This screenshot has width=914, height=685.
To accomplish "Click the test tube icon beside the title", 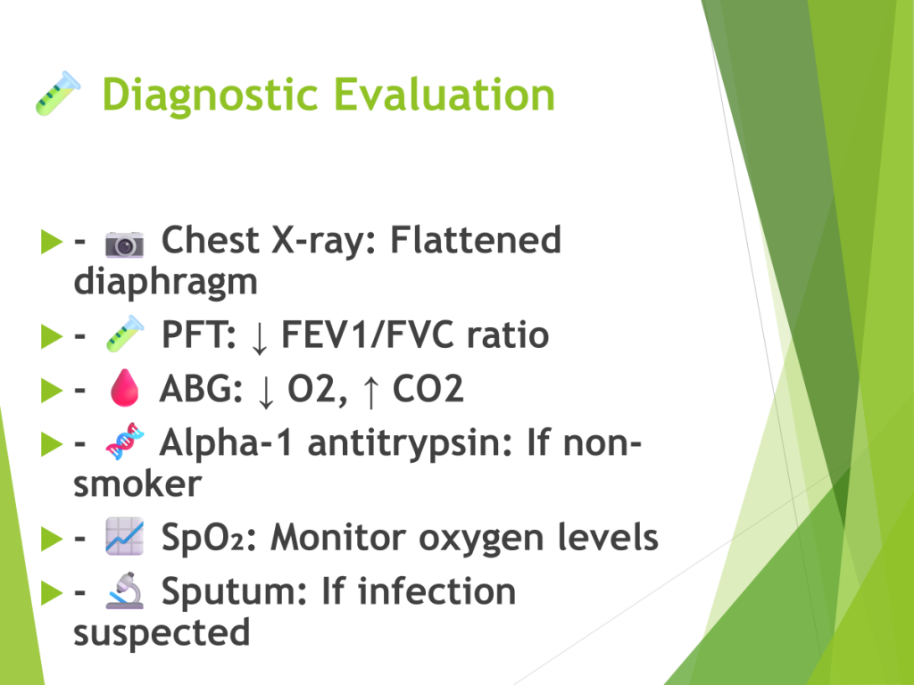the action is coord(58,93).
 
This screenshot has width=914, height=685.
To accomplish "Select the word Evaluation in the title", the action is coord(445,94).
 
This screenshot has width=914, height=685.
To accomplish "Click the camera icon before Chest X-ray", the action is coord(124,243).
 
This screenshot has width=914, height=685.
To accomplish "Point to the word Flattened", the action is coord(475,239).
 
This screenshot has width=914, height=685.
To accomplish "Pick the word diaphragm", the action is coord(165,283).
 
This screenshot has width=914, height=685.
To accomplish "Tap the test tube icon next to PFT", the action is coord(125,334).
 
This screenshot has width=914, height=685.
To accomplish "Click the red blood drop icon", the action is coord(124,387).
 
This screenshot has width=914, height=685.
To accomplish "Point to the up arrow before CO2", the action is coord(370,391).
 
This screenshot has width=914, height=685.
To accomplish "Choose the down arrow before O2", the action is coord(265,391).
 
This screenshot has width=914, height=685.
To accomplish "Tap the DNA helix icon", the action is coord(125,441).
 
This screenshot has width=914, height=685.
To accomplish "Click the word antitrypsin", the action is coord(409,443).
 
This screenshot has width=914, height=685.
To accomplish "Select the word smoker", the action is coord(137,484).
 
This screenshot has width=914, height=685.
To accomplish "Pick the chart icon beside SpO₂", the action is coord(125,536).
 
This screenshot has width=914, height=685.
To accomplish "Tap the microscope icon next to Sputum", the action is coord(125,590).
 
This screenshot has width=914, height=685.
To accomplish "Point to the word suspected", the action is coord(162,634).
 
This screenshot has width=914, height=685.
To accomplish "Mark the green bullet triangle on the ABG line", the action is coord(51,390).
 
